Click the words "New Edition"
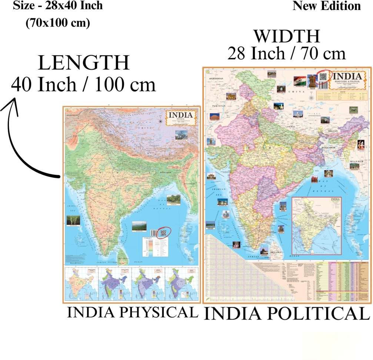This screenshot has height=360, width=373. pyautogui.click(x=326, y=6)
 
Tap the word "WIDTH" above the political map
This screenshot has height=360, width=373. pyautogui.click(x=286, y=36)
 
